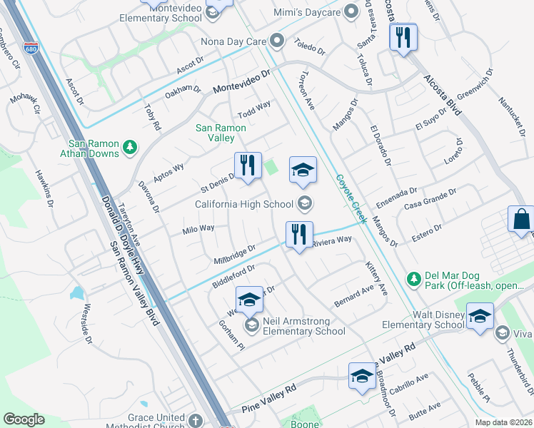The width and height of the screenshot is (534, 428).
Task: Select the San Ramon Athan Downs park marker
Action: click(129, 147)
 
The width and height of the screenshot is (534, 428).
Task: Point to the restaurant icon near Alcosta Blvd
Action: click(403, 37)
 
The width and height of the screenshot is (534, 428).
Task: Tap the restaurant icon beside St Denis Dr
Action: click(248, 165)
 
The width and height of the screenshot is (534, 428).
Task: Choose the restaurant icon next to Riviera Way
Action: click(299, 234)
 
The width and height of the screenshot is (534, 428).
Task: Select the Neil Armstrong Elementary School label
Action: click(304, 326)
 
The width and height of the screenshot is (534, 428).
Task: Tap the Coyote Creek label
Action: click(351, 199)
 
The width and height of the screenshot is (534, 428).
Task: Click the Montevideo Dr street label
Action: click(242, 83)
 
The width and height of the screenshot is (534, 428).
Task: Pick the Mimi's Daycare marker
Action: click(350, 11)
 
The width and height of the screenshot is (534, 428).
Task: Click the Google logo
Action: click(24, 419)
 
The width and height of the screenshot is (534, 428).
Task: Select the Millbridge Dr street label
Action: click(235, 253)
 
